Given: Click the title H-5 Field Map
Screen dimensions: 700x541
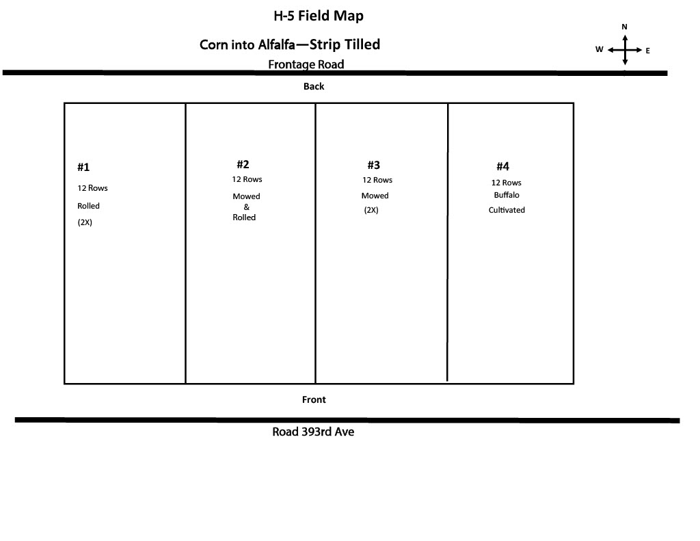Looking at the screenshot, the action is click(x=319, y=16).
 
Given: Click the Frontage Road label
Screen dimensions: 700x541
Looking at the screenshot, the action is click(x=306, y=64).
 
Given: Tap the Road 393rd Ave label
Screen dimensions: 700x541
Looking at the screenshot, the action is click(x=313, y=432).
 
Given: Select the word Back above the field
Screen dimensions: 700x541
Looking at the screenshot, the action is click(x=313, y=86).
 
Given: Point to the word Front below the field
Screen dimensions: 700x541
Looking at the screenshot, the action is click(x=314, y=399).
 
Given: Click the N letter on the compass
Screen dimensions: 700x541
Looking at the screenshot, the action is click(x=624, y=27).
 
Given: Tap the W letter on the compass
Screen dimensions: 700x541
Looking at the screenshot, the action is click(x=599, y=49).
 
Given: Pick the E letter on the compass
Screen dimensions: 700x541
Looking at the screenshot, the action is click(x=647, y=51).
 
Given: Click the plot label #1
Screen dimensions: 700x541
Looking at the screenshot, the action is click(x=83, y=167).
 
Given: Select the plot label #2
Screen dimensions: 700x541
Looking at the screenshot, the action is click(x=243, y=164).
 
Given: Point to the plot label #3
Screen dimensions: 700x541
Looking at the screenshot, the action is click(x=374, y=166).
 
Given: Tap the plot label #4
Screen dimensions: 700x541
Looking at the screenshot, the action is click(x=502, y=167).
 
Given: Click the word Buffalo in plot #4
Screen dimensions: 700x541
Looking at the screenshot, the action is click(x=507, y=195).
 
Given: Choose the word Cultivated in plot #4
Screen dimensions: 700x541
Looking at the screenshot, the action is click(x=507, y=210).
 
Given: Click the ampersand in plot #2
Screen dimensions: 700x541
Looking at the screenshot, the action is click(x=246, y=207).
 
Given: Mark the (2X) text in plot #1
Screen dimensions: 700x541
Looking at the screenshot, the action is click(x=85, y=222).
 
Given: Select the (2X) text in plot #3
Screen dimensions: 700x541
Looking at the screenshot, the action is click(x=371, y=210).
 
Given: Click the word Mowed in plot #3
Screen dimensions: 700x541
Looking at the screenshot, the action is click(x=375, y=196).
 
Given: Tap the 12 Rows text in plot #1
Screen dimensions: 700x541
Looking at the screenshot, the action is click(x=92, y=188).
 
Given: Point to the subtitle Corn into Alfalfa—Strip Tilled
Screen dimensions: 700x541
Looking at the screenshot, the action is click(x=290, y=44).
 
